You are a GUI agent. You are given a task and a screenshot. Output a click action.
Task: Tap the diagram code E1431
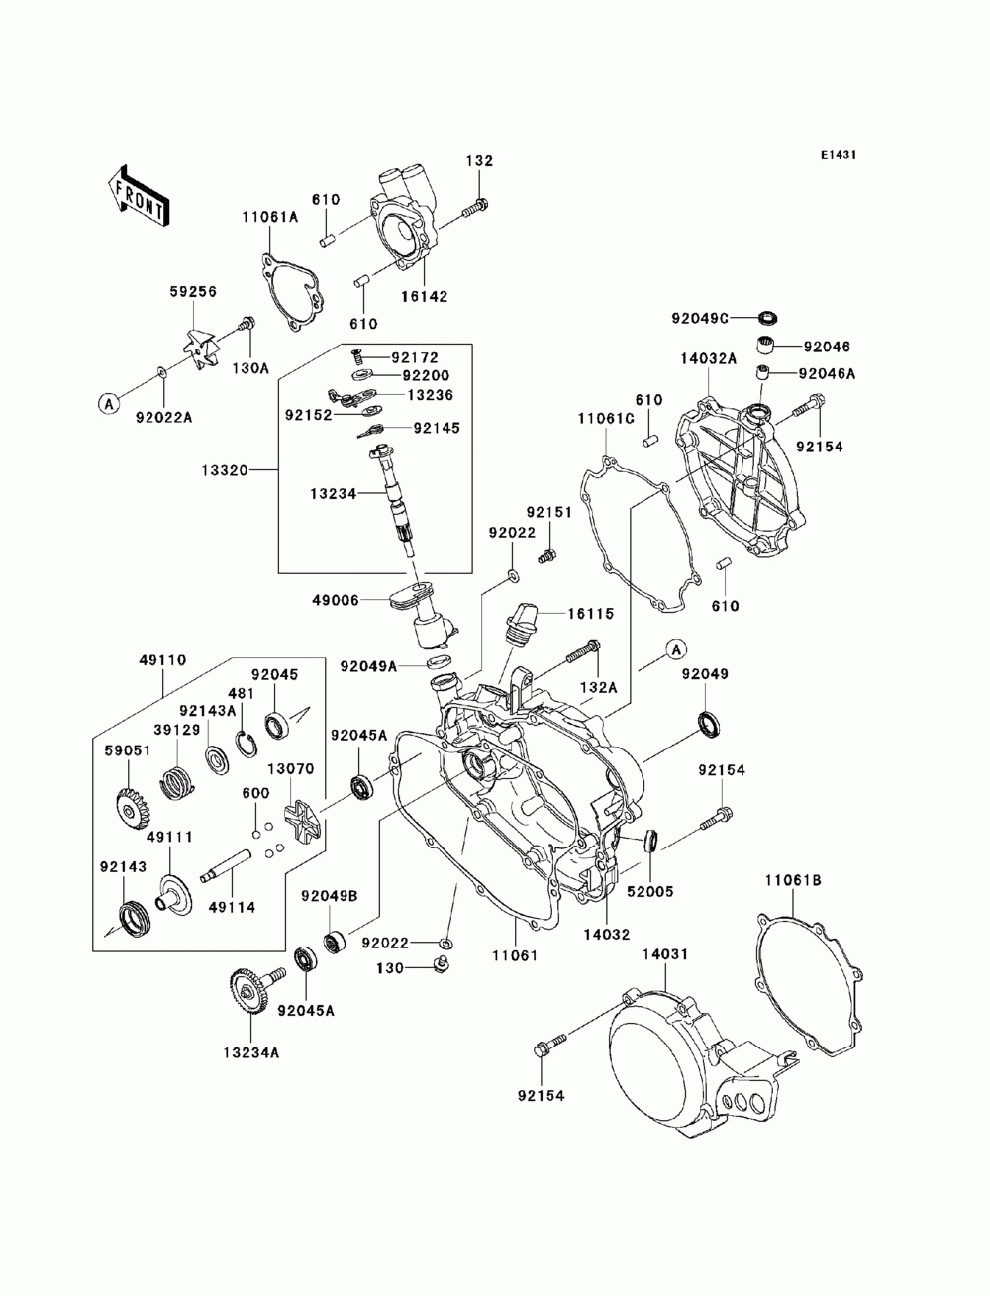coord(838,155)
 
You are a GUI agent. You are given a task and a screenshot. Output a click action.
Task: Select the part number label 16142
coord(425,296)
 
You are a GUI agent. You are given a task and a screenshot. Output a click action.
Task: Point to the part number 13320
coord(225,470)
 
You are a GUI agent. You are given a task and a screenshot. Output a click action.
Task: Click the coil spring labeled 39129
coord(177,784)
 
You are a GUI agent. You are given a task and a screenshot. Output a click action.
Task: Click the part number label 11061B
coord(793,898)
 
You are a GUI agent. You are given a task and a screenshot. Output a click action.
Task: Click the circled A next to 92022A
coord(109,404)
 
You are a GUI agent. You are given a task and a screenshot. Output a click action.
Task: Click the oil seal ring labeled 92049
coord(709,725)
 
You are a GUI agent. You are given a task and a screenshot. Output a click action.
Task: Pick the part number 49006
coord(336,600)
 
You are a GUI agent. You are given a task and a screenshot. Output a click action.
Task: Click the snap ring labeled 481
coord(247,743)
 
